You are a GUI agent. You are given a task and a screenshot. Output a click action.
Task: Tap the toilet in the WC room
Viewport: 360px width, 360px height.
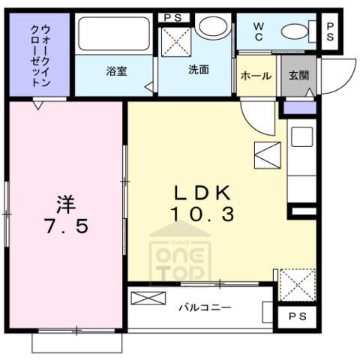(295, 31)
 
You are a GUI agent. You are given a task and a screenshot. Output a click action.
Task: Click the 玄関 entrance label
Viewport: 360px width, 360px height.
(297, 76)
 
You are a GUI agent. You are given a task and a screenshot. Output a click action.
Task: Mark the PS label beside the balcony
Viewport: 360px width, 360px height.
(297, 318)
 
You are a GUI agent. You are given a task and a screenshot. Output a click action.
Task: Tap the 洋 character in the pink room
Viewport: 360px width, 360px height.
(66, 202)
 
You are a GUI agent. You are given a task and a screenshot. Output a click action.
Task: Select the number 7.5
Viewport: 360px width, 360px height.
(66, 225)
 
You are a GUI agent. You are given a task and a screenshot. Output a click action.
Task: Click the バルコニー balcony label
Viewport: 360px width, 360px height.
(204, 307)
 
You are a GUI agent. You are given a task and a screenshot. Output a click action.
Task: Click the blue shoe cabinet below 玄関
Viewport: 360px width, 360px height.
(298, 109)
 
